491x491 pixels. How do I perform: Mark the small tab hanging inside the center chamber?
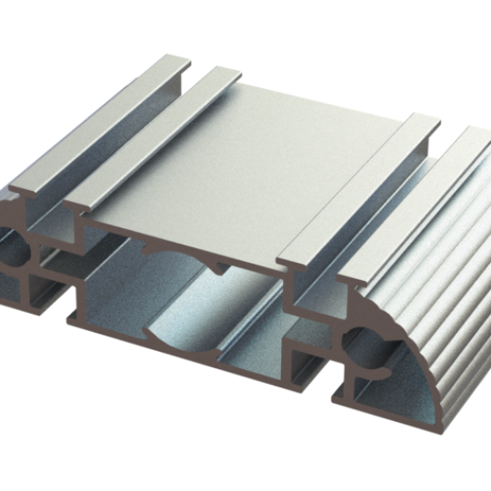coord(221,269)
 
